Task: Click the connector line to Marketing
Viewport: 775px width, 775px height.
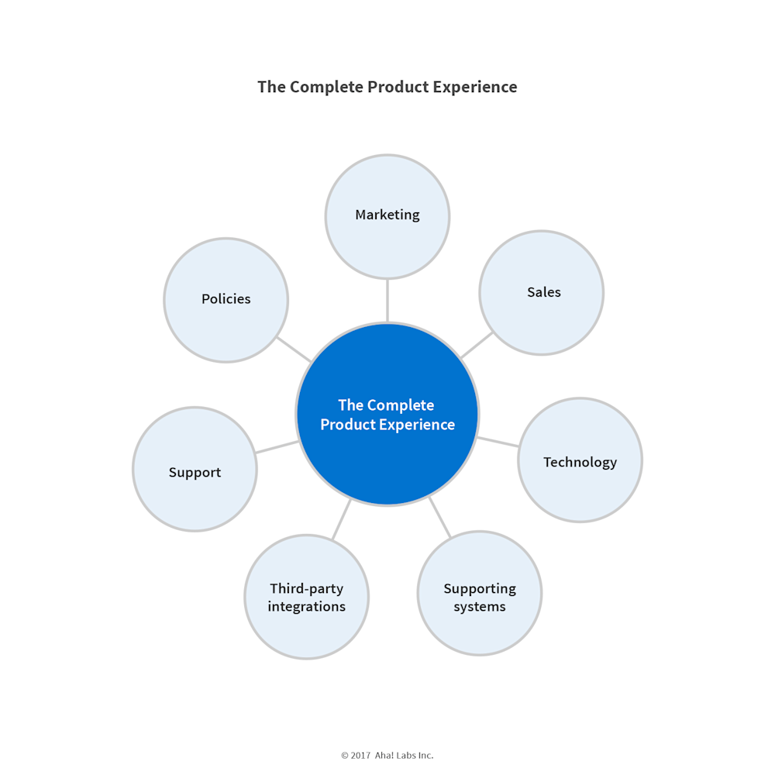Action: click(387, 300)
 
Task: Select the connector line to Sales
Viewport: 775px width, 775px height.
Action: click(477, 345)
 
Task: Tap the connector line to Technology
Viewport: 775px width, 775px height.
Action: click(498, 442)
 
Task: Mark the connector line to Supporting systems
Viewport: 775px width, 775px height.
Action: click(439, 517)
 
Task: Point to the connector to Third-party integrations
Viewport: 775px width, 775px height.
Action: click(342, 519)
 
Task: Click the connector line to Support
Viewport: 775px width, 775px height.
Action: click(277, 446)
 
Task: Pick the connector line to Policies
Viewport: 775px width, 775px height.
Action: click(294, 348)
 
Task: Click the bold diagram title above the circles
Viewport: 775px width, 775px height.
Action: click(387, 87)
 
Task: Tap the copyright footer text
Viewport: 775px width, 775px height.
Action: click(387, 755)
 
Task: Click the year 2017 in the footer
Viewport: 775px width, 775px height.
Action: click(361, 755)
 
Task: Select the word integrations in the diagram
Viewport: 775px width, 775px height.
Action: click(307, 607)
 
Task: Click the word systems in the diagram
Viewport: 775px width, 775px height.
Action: click(480, 607)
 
